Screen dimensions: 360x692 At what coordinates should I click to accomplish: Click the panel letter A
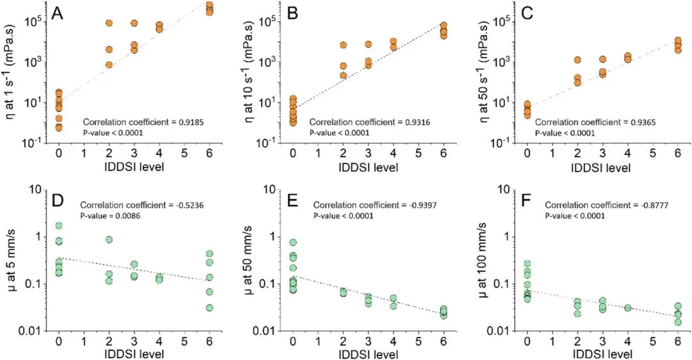click(58, 13)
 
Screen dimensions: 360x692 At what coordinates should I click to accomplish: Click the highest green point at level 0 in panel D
click(59, 225)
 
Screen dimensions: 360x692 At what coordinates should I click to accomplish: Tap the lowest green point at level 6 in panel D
click(210, 307)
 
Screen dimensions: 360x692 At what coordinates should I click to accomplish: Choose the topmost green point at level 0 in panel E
click(293, 243)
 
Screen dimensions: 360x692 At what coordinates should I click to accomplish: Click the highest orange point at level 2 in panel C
click(577, 60)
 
